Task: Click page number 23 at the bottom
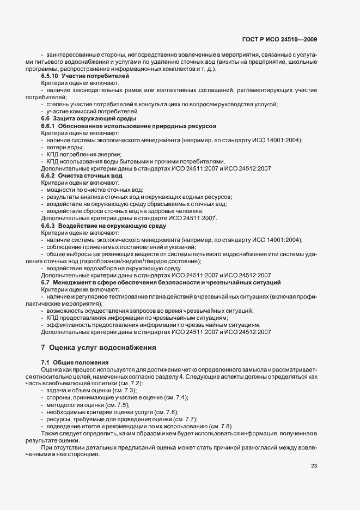pos(314,465)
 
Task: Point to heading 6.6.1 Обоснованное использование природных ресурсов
pos(129,126)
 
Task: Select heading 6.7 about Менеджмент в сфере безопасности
pos(161,282)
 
